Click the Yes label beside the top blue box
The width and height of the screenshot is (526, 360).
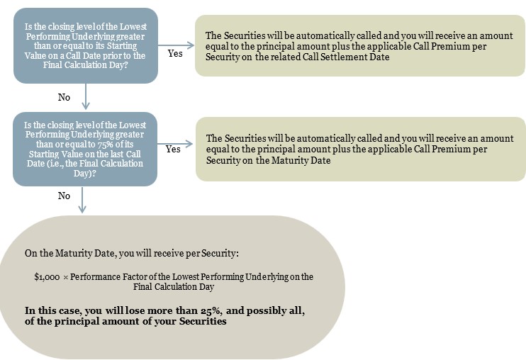(175, 54)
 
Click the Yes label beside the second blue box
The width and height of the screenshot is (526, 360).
(173, 149)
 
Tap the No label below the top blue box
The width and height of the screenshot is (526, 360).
(64, 97)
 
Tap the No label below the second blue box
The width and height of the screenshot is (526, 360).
(64, 196)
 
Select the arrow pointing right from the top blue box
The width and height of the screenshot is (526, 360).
(176, 45)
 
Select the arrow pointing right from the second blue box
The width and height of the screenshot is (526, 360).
(175, 144)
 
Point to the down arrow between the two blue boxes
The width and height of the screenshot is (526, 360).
(86, 96)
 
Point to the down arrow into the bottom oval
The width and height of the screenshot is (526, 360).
(82, 200)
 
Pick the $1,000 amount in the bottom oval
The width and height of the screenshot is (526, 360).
(47, 277)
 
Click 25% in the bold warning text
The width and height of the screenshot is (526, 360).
(211, 310)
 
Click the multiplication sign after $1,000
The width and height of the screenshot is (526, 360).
(66, 278)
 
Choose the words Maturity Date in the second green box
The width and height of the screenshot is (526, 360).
(301, 161)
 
